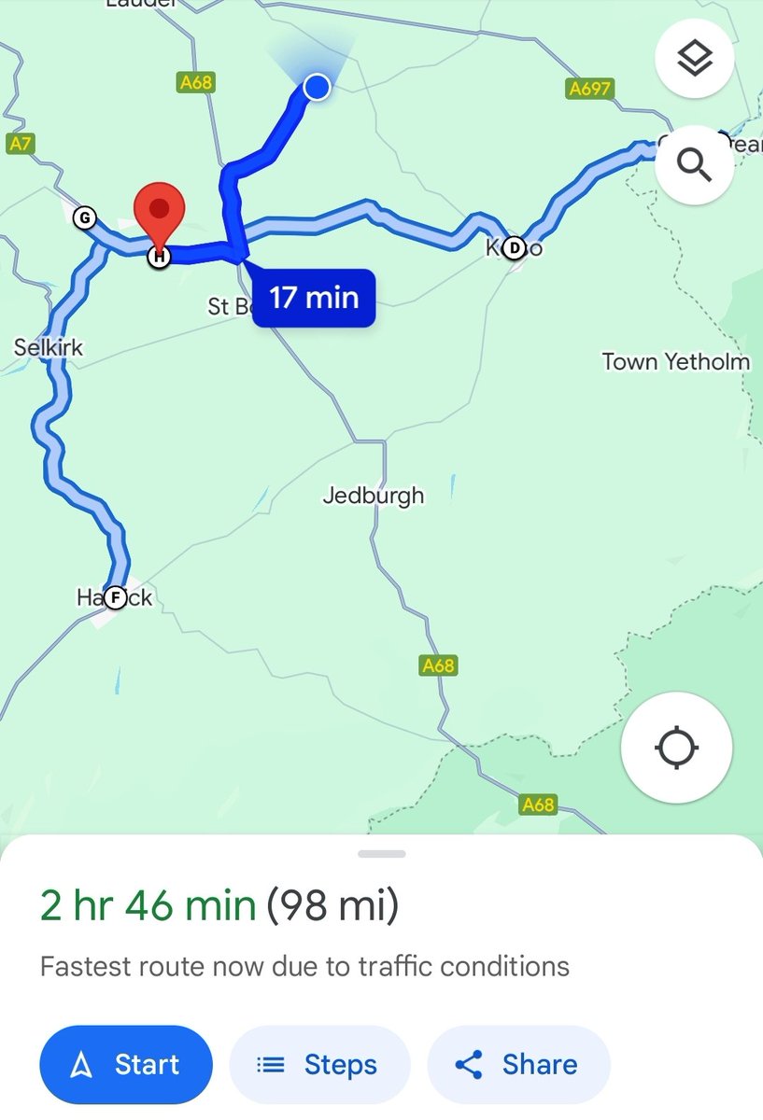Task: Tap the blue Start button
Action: coord(126,1065)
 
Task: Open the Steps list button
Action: coord(318,1065)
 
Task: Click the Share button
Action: coord(518,1065)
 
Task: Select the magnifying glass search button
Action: coord(695,165)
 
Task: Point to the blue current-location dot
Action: coord(318,87)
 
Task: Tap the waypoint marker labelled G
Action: coord(84,218)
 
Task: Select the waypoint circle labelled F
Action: coord(115,597)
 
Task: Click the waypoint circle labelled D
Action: coord(514,248)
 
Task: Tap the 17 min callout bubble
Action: coord(314,299)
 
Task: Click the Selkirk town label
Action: coord(49,348)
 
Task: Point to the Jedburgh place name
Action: coord(374,496)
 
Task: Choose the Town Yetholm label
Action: coord(675,361)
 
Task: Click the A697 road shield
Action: coord(590,89)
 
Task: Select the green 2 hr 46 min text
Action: coord(148,906)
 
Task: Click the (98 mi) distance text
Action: coord(332,906)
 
